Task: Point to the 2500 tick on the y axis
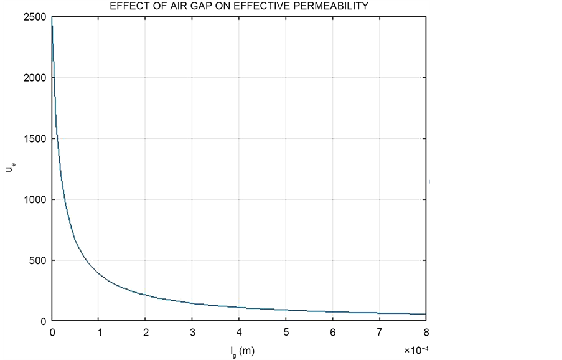pos(36,17)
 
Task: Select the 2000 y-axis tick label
pos(36,78)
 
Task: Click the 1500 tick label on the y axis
pos(36,139)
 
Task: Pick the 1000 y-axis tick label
pos(36,200)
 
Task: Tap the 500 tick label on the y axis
pos(39,260)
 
